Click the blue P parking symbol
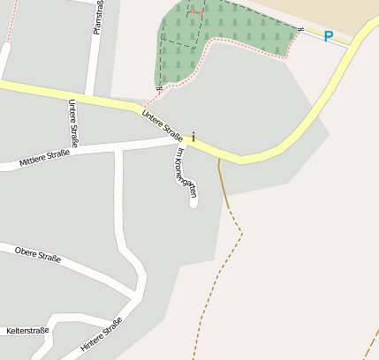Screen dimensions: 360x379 tap(329, 37)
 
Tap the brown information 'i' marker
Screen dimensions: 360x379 tap(193, 138)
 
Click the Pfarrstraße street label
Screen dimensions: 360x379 tap(97, 19)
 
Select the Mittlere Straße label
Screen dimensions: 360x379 tap(44, 159)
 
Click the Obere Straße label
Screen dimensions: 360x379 tap(38, 254)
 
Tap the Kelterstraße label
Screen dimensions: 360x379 tap(27, 331)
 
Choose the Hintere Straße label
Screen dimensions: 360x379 tap(100, 336)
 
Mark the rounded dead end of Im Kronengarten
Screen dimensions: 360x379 tap(193, 204)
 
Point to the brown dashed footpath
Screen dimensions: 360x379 tap(221, 265)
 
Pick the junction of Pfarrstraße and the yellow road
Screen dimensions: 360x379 tap(92, 94)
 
